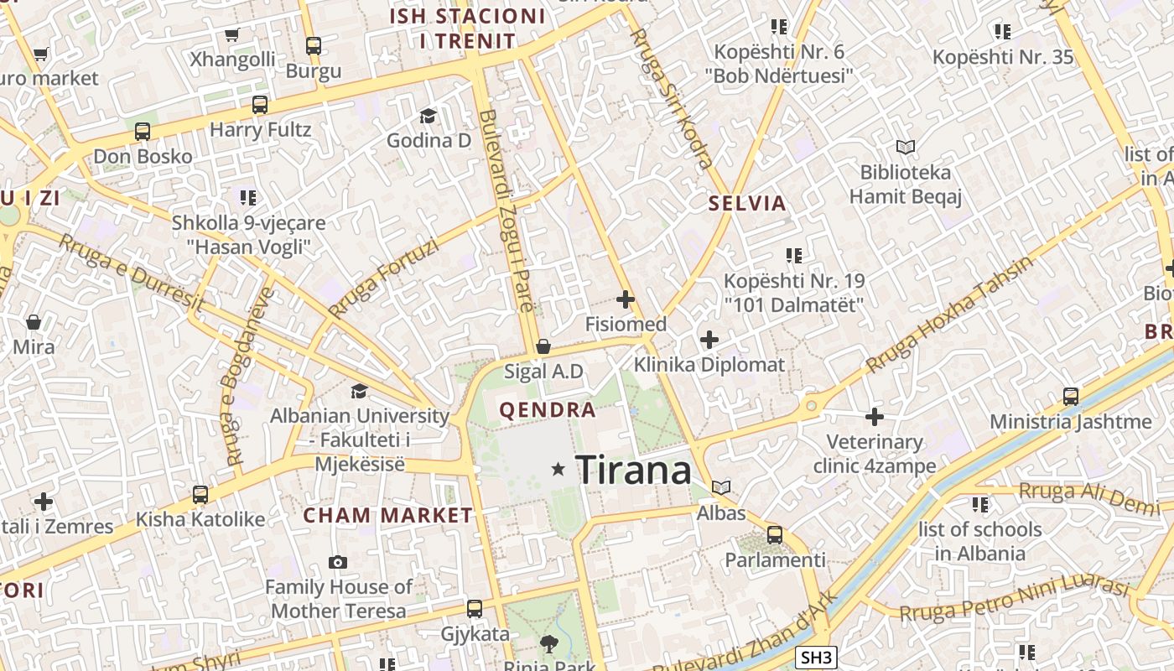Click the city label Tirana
click(x=634, y=469)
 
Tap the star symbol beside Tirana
click(x=558, y=469)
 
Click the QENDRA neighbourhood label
click(x=548, y=410)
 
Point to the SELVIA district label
click(x=747, y=203)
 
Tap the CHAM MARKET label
click(x=387, y=515)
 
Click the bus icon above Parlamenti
click(x=775, y=534)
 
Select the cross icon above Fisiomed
click(x=625, y=299)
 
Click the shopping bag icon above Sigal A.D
click(x=543, y=346)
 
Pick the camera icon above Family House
click(x=338, y=562)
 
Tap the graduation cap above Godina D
click(x=429, y=116)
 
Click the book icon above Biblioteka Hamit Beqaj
click(x=905, y=148)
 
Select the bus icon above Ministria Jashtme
click(x=1071, y=396)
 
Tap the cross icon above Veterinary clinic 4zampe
click(x=875, y=416)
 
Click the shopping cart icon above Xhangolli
click(x=232, y=34)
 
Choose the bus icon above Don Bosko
click(x=143, y=131)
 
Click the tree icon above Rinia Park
click(x=549, y=644)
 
